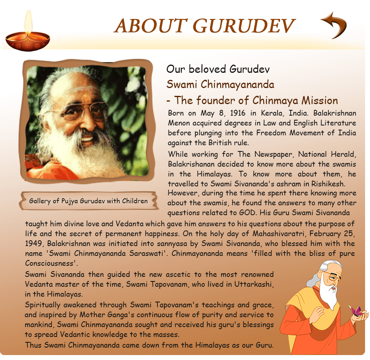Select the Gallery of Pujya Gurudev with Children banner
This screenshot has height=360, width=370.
(88, 201)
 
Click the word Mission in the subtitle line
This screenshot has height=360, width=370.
(320, 100)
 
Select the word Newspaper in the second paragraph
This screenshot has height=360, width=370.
(274, 154)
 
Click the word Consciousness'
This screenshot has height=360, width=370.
(51, 263)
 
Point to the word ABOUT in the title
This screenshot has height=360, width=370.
(151, 26)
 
